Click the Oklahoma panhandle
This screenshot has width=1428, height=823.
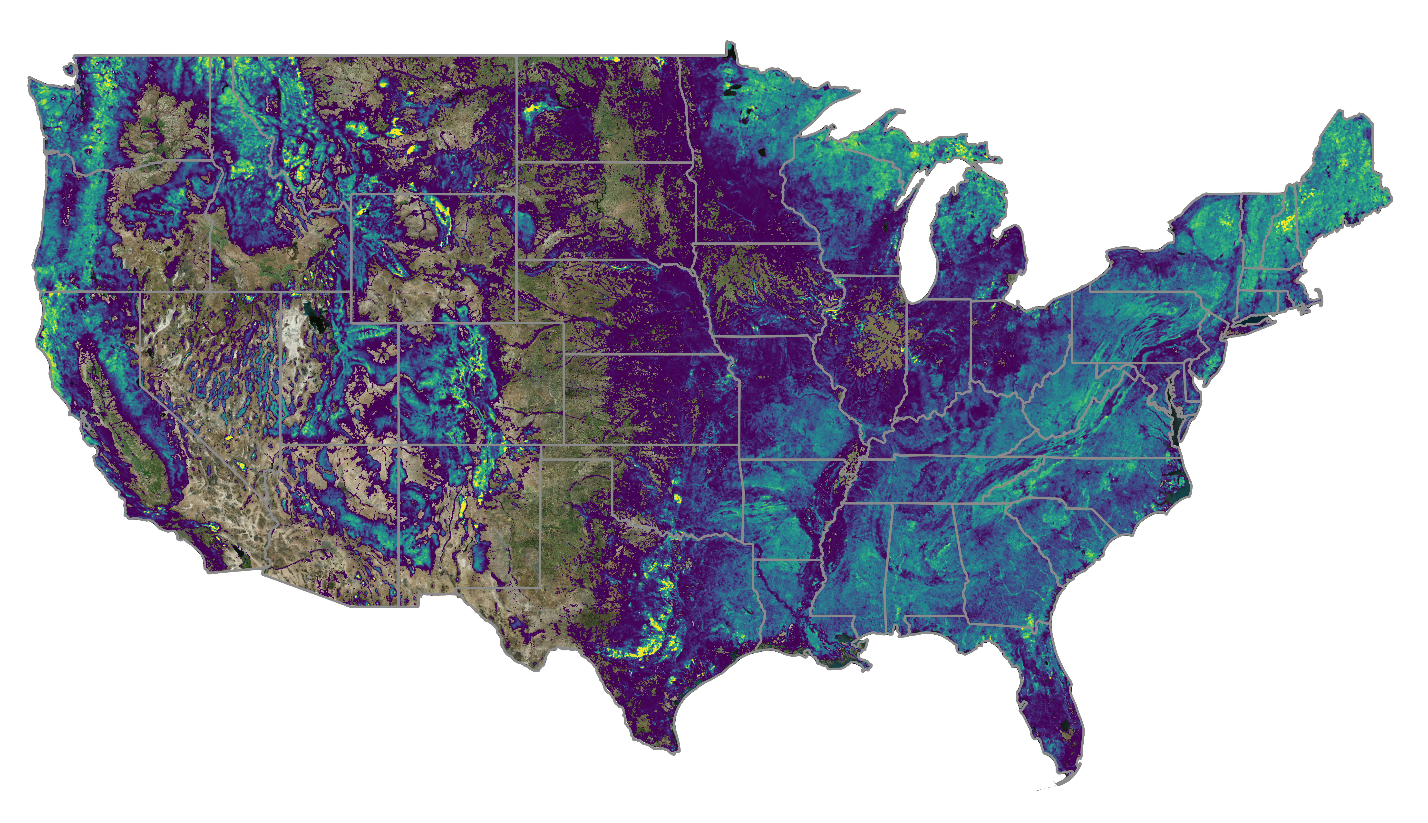577,452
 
